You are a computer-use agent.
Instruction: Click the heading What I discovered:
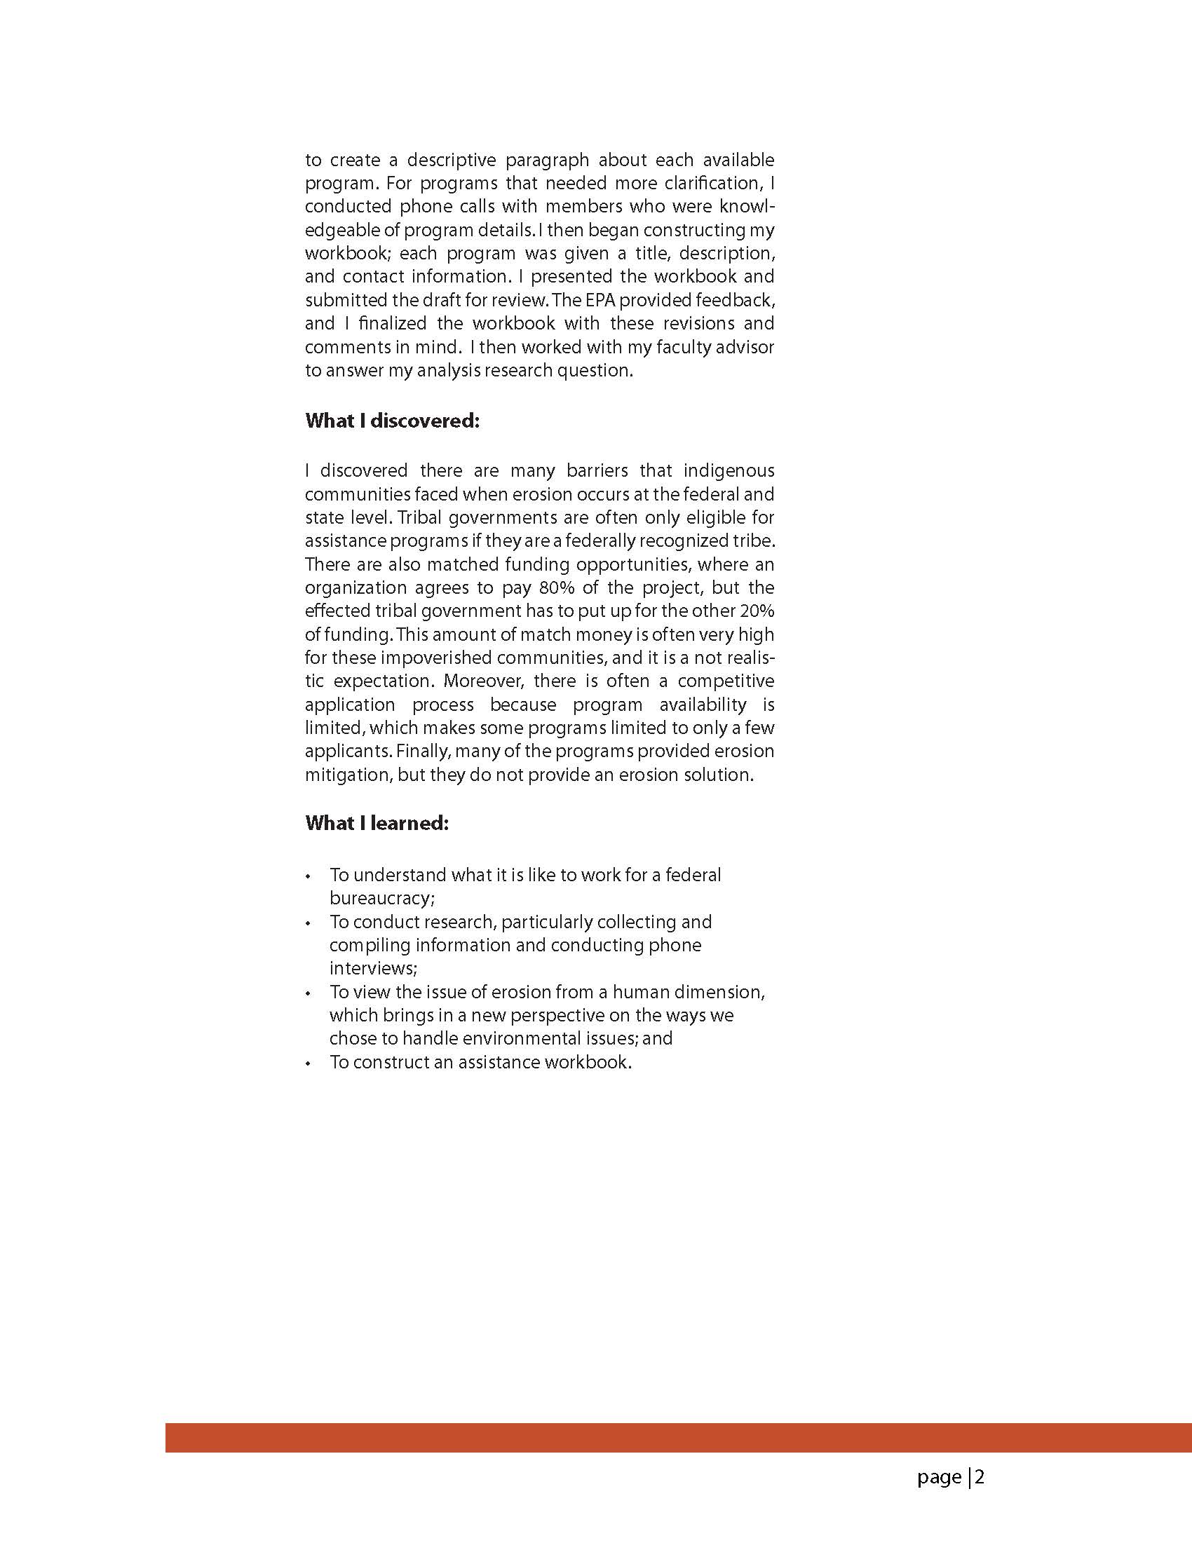[392, 421]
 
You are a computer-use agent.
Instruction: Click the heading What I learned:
[377, 823]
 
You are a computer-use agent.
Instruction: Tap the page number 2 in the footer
[980, 1477]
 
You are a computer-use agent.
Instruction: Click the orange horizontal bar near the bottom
[678, 1438]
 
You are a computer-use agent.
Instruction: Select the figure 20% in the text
[756, 611]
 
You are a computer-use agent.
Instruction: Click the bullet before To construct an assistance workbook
[308, 1063]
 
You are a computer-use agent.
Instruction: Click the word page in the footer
[939, 1478]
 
